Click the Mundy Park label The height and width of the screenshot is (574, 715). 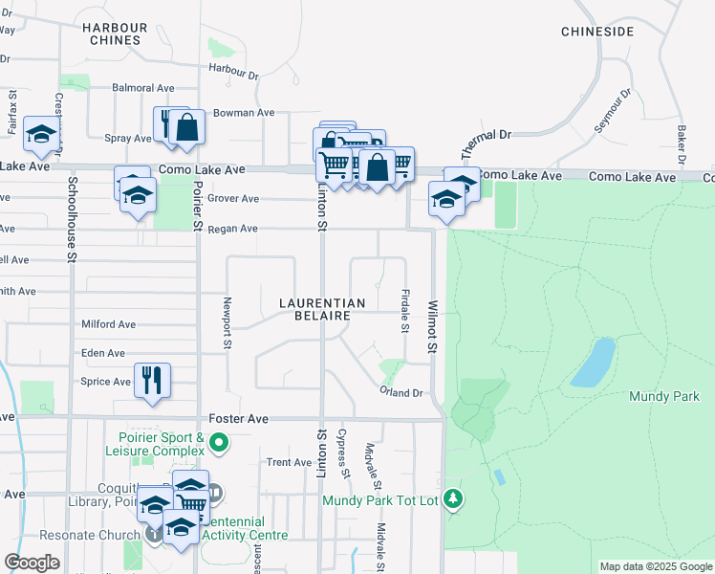tap(664, 396)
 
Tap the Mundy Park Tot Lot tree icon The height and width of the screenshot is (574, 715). tap(454, 498)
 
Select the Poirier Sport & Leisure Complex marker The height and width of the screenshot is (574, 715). tap(219, 442)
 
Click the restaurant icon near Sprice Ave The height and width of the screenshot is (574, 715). tap(152, 380)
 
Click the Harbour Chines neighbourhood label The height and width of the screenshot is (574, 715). tap(115, 33)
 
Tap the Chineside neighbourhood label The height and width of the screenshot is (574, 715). tap(597, 32)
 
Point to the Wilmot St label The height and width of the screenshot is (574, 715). tap(433, 326)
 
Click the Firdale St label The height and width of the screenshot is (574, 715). tap(405, 314)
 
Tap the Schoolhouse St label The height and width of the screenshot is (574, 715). tap(72, 219)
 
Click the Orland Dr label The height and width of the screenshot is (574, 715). tap(401, 393)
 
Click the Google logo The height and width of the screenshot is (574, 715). tap(32, 563)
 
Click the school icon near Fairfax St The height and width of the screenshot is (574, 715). tap(42, 136)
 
